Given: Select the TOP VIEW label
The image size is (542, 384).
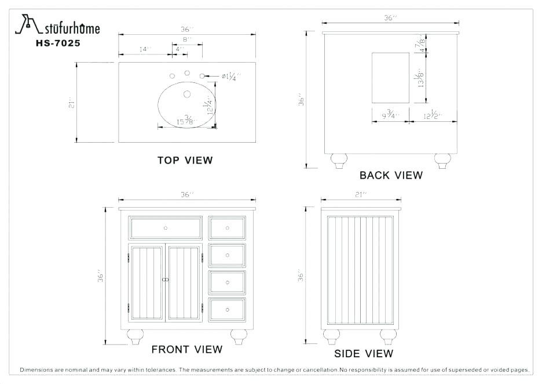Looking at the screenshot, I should click(x=185, y=160).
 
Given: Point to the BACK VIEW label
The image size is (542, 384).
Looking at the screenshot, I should click(x=391, y=175).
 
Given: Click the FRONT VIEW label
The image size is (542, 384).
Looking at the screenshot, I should click(x=186, y=349).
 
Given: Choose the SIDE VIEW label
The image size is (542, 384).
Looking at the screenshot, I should click(x=363, y=353).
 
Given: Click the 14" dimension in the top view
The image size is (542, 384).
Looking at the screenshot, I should click(x=145, y=49).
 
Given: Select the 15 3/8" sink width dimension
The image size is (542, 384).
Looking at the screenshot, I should click(x=186, y=121).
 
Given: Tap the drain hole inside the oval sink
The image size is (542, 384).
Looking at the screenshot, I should click(x=187, y=93).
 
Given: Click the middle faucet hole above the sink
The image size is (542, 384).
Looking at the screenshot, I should click(x=187, y=73).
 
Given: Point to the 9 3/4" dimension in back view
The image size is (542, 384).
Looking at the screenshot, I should click(x=391, y=115).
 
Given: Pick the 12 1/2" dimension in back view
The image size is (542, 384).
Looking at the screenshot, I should click(x=433, y=115).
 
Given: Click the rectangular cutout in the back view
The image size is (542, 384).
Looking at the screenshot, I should click(x=390, y=78).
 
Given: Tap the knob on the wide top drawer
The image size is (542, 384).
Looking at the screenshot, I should click(x=166, y=228).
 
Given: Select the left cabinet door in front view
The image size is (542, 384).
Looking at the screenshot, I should click(x=147, y=283).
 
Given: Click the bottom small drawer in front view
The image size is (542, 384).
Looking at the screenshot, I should click(x=227, y=309).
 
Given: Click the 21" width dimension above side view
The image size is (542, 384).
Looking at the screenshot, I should click(x=362, y=195).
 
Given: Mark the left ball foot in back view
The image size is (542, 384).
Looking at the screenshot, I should click(x=338, y=161).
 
